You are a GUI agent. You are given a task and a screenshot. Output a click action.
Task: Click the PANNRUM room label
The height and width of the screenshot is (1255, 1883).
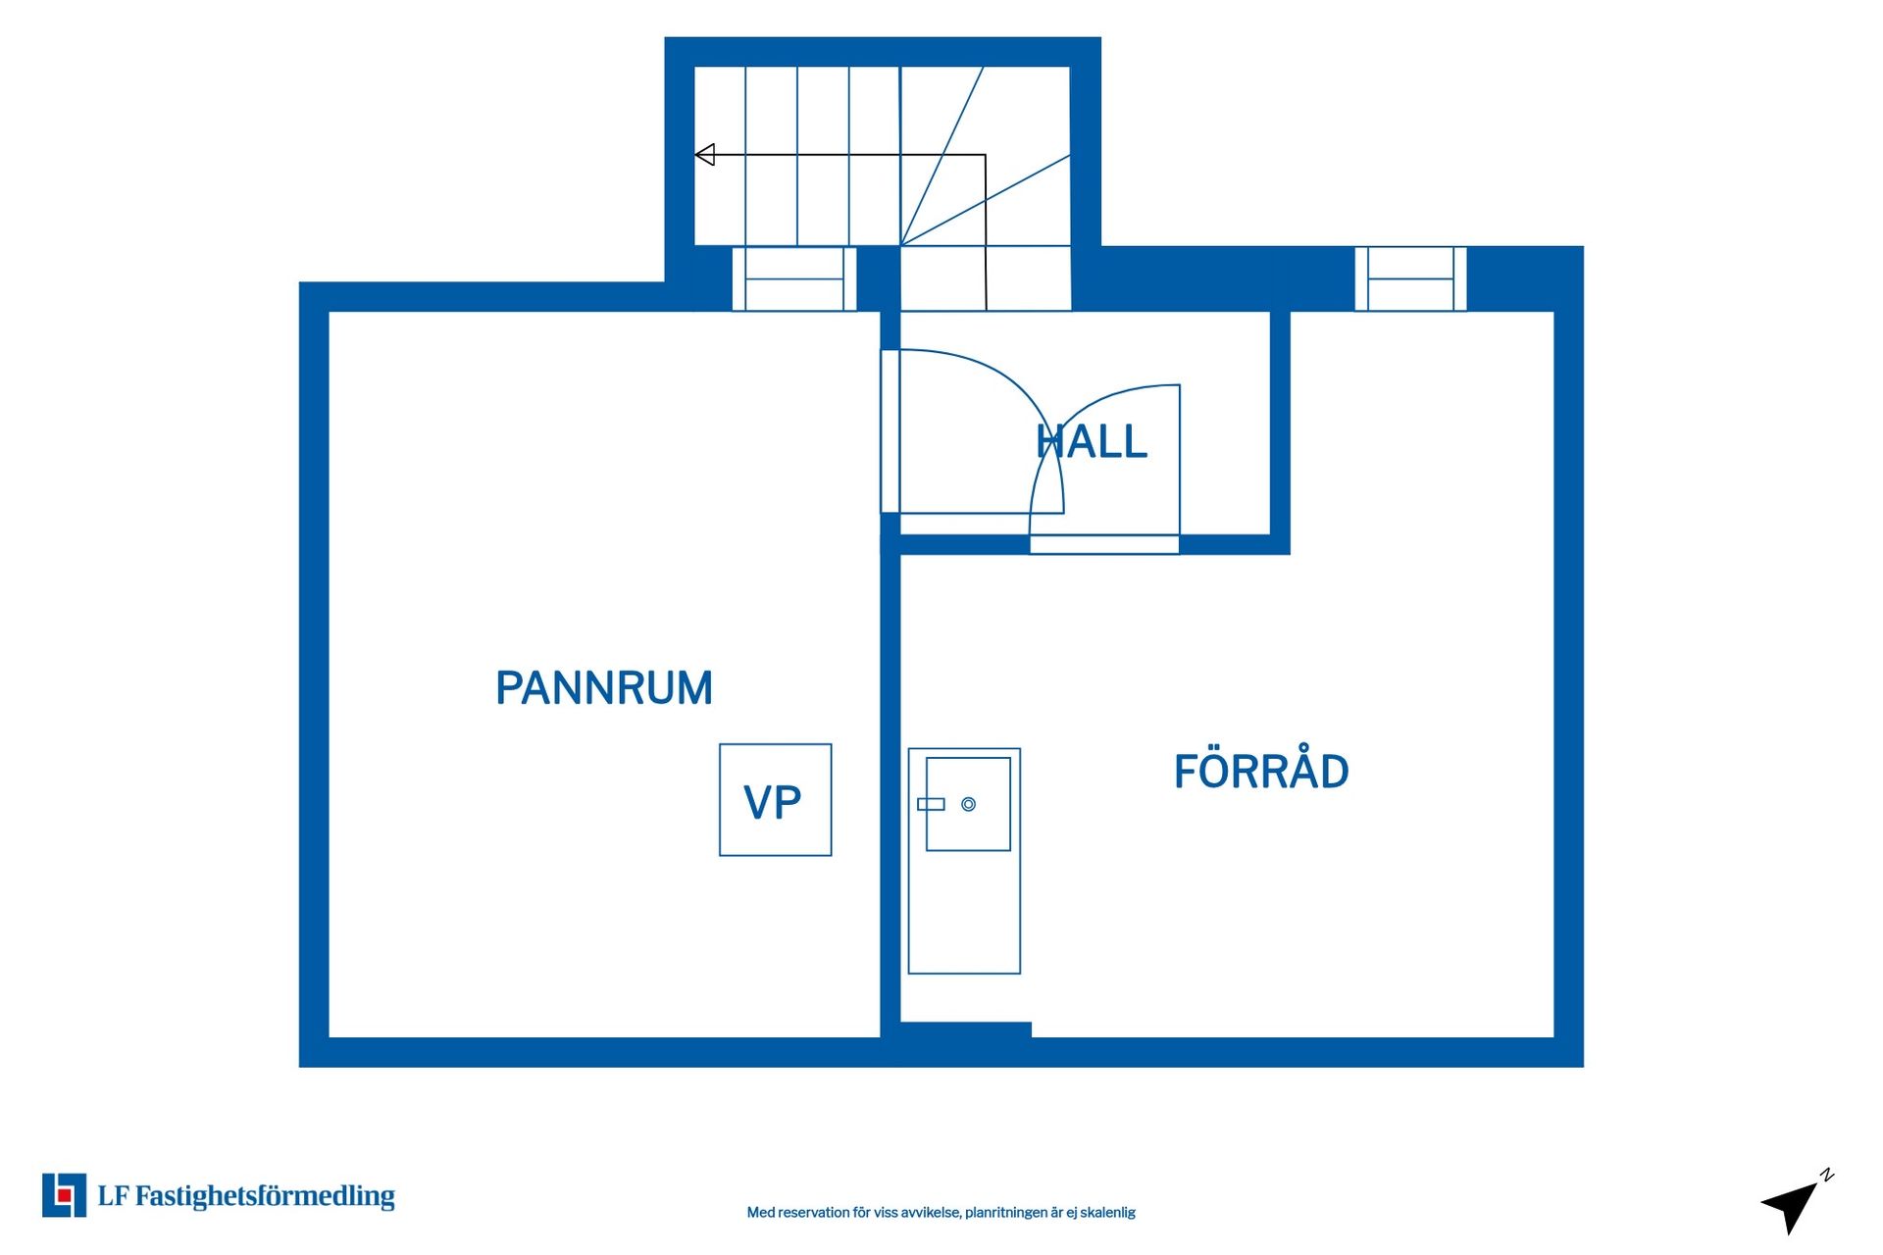coord(604,688)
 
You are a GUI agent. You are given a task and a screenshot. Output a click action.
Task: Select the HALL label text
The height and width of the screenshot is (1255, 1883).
coord(1092,441)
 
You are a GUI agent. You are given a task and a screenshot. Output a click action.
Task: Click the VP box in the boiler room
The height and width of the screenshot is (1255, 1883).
coord(775,800)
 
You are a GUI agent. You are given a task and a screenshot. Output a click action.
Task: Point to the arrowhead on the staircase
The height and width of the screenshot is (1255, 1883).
coord(704,155)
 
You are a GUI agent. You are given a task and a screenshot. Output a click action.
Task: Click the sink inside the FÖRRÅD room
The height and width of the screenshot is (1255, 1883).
coord(968,804)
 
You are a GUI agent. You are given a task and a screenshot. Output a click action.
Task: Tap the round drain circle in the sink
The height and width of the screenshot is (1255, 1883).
coord(968,804)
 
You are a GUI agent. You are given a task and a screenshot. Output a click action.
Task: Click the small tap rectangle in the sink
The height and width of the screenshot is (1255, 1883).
coord(931,804)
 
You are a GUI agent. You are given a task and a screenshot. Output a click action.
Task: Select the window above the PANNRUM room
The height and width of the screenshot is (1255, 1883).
coord(794,279)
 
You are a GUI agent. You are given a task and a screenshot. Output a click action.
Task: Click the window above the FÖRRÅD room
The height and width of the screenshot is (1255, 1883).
coord(1410,279)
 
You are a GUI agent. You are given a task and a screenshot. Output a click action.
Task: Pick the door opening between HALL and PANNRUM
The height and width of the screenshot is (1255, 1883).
coord(890,431)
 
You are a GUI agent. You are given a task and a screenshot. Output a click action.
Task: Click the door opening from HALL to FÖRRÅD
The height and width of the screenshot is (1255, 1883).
coord(1104,545)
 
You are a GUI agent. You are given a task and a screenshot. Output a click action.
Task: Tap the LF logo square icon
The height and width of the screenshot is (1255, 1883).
coord(64,1195)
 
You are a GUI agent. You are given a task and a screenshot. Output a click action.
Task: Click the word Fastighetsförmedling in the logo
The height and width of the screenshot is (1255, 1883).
coord(265,1196)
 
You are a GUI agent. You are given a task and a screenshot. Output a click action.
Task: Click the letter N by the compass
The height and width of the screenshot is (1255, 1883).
coord(1827,1175)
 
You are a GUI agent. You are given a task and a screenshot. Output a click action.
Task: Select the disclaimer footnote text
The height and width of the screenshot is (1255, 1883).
coord(941,1213)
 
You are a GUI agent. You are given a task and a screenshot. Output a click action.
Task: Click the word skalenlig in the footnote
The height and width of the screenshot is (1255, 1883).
coord(1107,1213)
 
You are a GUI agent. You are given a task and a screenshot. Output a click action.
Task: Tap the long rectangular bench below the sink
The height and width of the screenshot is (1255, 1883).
coord(964,861)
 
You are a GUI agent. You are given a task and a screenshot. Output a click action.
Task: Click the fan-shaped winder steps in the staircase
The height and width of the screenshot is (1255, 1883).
coord(986,156)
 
